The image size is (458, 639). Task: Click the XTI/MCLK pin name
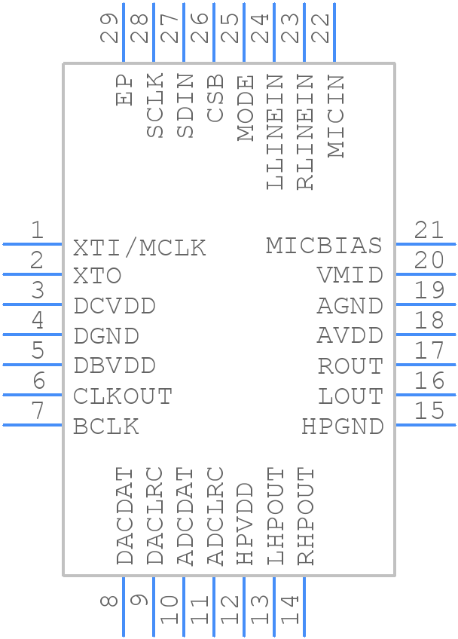(x=139, y=248)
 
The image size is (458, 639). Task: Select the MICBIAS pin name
(x=324, y=246)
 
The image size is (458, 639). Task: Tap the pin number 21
(x=429, y=231)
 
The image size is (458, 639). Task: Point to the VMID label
(x=350, y=276)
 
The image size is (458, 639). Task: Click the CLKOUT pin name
(x=123, y=396)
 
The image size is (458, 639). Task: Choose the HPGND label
(x=343, y=427)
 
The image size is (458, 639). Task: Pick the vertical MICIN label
(x=336, y=116)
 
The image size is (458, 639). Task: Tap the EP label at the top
(x=125, y=90)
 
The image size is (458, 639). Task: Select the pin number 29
(x=111, y=29)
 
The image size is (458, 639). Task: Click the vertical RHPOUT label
(x=305, y=516)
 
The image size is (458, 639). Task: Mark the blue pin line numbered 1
(x=33, y=244)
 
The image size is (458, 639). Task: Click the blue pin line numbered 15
(x=426, y=425)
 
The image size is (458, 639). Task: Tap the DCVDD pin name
(x=114, y=306)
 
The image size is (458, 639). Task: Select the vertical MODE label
(x=246, y=109)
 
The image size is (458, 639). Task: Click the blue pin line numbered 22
(x=334, y=34)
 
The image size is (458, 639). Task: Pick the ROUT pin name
(x=350, y=366)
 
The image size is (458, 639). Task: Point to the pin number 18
(x=429, y=321)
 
